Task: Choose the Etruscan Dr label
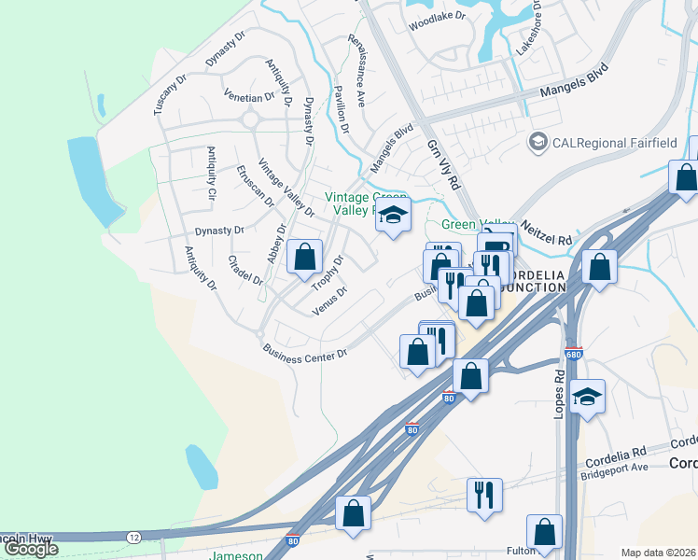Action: pyautogui.click(x=255, y=186)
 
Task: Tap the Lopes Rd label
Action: pyautogui.click(x=560, y=396)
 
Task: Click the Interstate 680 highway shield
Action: pyautogui.click(x=573, y=355)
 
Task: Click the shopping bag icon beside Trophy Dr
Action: pyautogui.click(x=305, y=257)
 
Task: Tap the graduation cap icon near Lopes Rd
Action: pyautogui.click(x=586, y=396)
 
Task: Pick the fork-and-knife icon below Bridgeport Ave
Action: pyautogui.click(x=484, y=494)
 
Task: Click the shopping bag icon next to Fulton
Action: pyautogui.click(x=544, y=531)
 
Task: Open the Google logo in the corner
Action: pyautogui.click(x=32, y=549)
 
